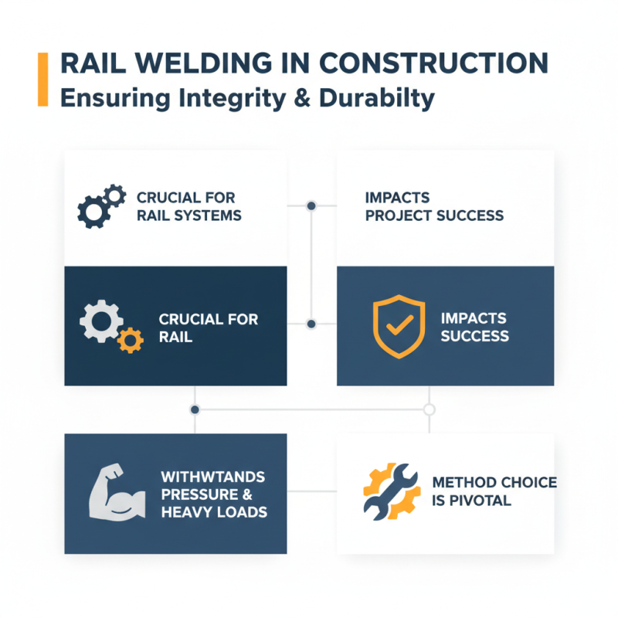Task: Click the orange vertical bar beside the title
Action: click(x=42, y=80)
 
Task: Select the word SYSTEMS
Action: click(x=207, y=215)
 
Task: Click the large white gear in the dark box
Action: click(x=99, y=323)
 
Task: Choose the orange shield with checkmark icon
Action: click(x=399, y=326)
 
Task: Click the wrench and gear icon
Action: click(x=391, y=490)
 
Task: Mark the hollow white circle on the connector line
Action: click(x=430, y=409)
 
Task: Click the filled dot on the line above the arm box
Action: click(x=195, y=409)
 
